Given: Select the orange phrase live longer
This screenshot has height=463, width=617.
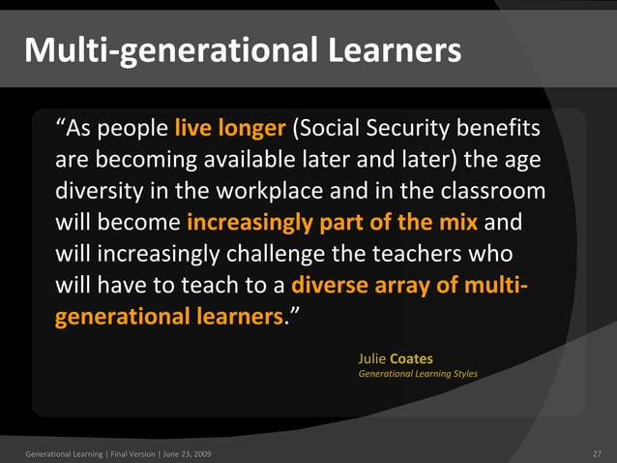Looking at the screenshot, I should pyautogui.click(x=230, y=129).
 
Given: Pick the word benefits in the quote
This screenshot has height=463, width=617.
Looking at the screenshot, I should pyautogui.click(x=500, y=129).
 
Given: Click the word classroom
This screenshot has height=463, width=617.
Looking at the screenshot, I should pyautogui.click(x=493, y=191).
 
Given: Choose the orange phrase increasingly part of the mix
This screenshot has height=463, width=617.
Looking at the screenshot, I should pyautogui.click(x=332, y=223).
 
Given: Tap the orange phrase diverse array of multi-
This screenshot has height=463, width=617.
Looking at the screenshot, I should pyautogui.click(x=410, y=285).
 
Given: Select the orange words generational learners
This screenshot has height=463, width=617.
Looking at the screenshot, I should pyautogui.click(x=170, y=317).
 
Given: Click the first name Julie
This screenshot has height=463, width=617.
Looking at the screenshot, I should pyautogui.click(x=371, y=358).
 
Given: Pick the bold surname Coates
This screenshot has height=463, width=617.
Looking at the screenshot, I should pyautogui.click(x=411, y=358).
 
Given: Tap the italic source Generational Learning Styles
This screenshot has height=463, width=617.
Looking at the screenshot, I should pyautogui.click(x=418, y=373).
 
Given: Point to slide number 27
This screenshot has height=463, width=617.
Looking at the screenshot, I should pyautogui.click(x=597, y=453).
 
